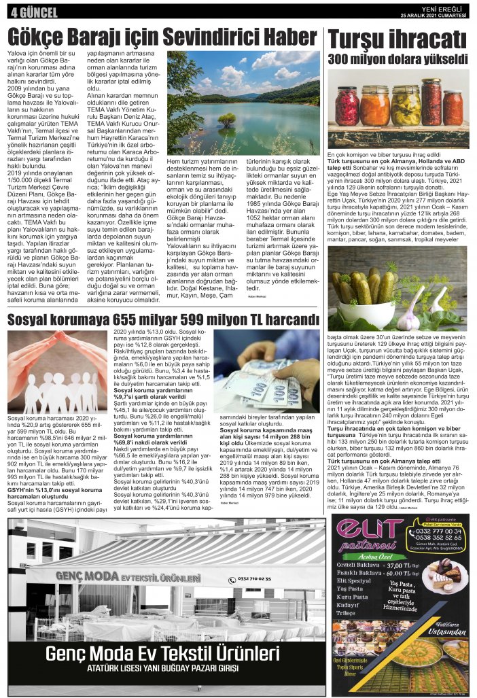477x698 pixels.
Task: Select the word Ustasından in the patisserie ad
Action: coord(445,633)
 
